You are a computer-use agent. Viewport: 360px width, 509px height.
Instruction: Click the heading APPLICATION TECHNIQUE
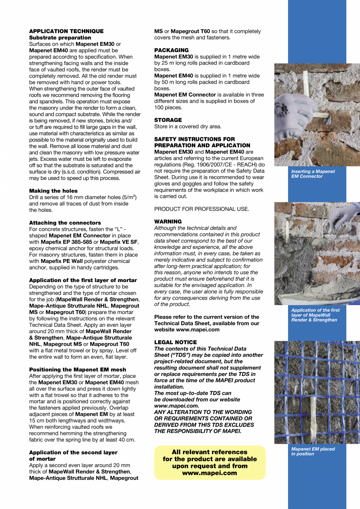point(66,31)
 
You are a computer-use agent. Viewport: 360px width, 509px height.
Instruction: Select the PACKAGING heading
point(171,50)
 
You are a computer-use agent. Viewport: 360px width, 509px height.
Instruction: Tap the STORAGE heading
point(168,120)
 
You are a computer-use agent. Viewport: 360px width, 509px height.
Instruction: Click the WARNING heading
point(168,222)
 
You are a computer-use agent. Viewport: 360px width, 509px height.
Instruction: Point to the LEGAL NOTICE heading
point(175,342)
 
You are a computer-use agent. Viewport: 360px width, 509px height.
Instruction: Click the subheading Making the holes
point(53,191)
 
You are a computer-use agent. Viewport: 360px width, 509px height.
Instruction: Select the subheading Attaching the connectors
point(65,223)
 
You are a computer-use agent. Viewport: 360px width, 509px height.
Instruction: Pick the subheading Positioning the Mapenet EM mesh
point(77,369)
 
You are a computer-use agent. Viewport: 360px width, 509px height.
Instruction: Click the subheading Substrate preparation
point(60,38)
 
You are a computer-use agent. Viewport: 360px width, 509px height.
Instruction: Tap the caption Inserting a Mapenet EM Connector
point(313,174)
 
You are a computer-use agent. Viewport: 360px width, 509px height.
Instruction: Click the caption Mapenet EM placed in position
point(313,451)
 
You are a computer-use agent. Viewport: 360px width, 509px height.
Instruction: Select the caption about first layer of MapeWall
point(315,315)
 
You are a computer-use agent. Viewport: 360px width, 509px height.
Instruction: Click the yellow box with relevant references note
point(210,462)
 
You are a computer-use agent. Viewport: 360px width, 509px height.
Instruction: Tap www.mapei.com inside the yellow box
point(210,473)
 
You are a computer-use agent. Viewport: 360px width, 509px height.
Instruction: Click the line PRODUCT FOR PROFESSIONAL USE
point(202,209)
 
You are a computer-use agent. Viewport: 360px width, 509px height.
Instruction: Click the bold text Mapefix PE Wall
point(61,261)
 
